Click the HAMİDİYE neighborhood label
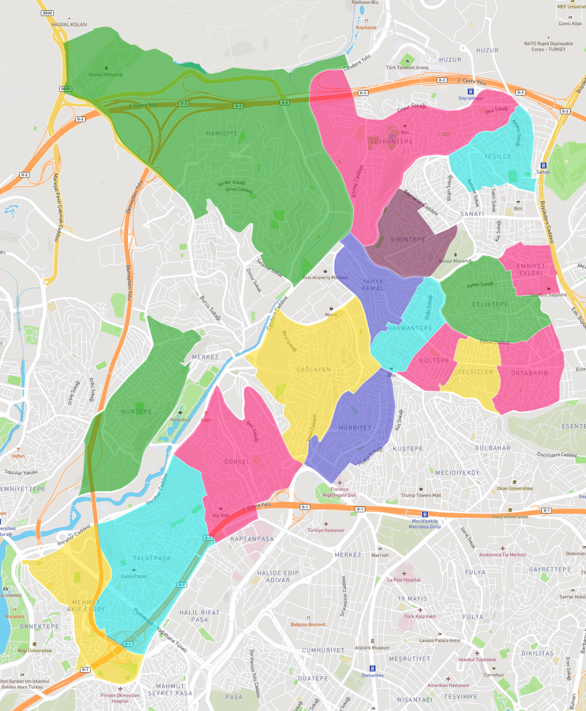(x=222, y=133)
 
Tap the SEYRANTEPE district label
(x=391, y=142)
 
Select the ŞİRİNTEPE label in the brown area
(x=408, y=239)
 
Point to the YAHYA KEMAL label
(x=373, y=285)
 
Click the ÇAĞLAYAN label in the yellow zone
(x=313, y=369)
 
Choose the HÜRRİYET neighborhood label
(x=355, y=428)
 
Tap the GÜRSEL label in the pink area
(x=237, y=462)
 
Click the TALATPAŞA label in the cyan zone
(x=152, y=558)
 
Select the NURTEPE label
(x=136, y=412)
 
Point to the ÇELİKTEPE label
(x=490, y=304)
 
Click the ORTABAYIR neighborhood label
(x=529, y=373)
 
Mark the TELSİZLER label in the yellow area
(x=475, y=372)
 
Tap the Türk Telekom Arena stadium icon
(x=407, y=61)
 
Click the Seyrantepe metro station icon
(x=470, y=91)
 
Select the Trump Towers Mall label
(x=421, y=495)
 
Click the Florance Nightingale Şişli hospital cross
(x=340, y=483)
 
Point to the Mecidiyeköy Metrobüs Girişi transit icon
(x=425, y=514)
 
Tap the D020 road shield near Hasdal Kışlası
(x=48, y=13)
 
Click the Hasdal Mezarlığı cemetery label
(x=106, y=75)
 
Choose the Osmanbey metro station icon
(x=372, y=669)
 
